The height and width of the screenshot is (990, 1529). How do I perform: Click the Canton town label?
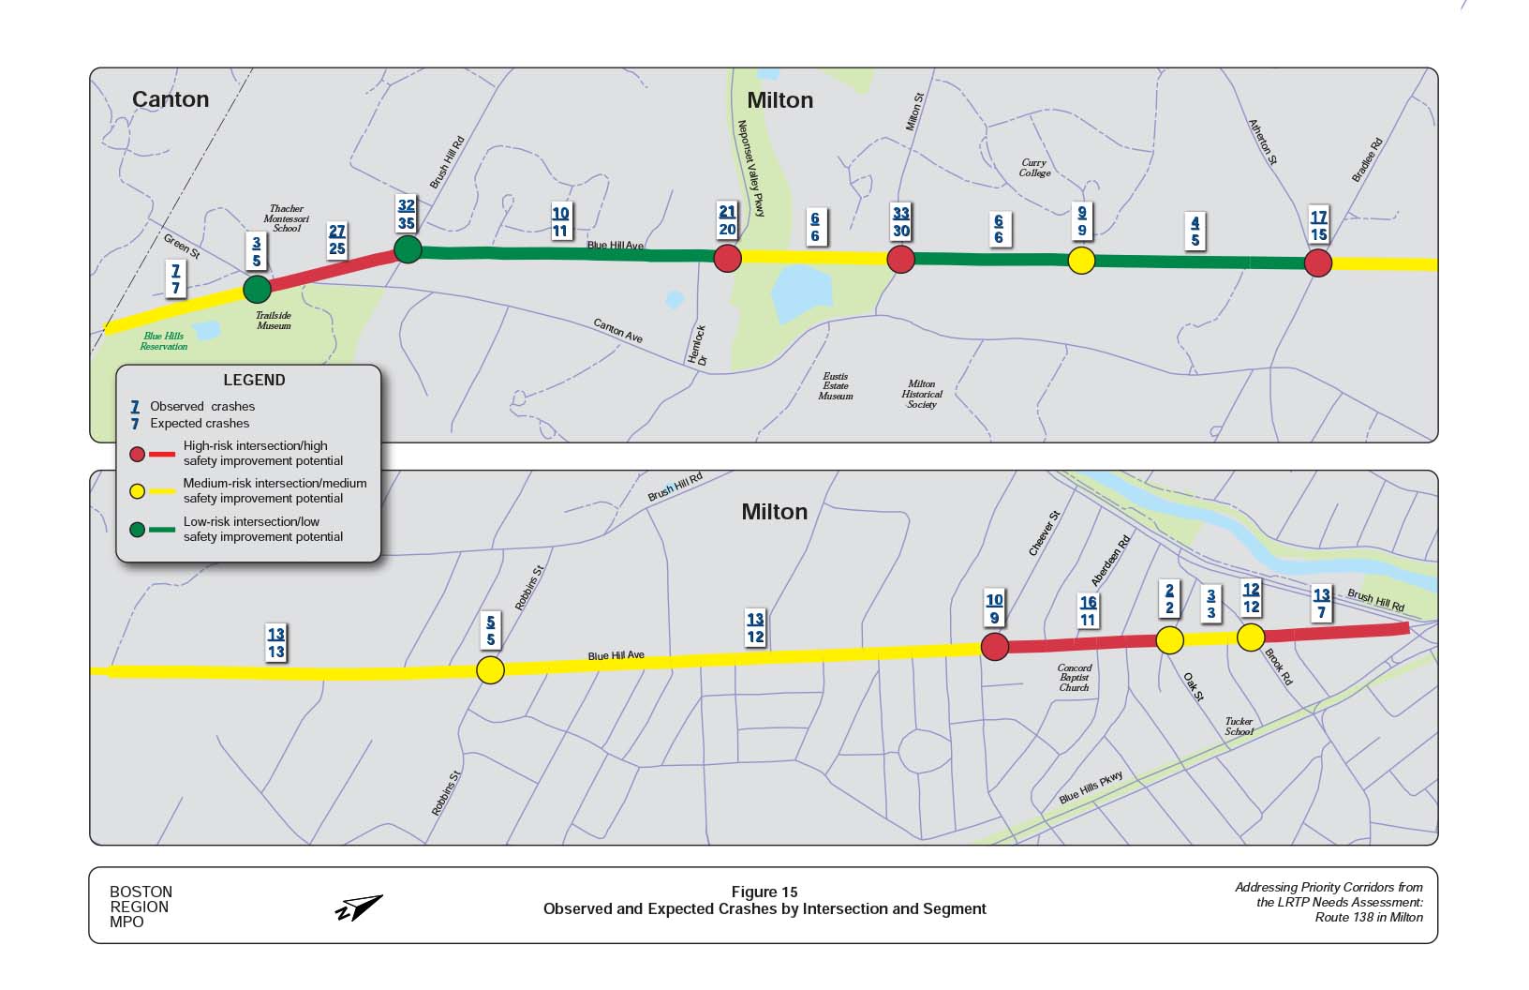coord(171,99)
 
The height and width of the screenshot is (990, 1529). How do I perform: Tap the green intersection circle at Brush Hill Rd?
coord(408,249)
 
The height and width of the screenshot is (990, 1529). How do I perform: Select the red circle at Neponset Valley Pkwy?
coord(728,258)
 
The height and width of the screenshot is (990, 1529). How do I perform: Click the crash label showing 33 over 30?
coord(901,222)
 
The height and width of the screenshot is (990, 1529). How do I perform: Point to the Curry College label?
coord(1034,168)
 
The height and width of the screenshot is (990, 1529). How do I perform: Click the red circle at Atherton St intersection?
coord(1318,262)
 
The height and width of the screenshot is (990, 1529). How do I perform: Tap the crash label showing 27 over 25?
coord(337,240)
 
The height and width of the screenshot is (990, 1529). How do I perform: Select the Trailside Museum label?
coord(274,321)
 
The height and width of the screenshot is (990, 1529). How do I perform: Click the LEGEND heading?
coord(254,381)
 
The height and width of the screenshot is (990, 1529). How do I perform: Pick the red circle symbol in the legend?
coord(137,454)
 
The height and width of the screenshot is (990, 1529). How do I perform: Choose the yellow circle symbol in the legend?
coord(137,491)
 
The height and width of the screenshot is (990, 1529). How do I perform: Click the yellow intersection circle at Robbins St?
coord(490,669)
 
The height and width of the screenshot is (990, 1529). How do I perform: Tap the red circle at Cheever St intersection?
coord(994,646)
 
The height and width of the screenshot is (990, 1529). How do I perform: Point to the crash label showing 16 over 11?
coord(1088,611)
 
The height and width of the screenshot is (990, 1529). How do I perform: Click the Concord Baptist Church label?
coord(1075,678)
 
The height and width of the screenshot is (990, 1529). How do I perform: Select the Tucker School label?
coord(1239,727)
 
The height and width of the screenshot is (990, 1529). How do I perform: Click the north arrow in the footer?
coord(359,907)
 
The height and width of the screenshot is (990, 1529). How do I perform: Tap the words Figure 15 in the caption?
coord(764,892)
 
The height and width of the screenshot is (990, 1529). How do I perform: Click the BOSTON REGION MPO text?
coord(141,907)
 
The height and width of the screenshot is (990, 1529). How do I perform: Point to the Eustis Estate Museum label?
coord(836,386)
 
